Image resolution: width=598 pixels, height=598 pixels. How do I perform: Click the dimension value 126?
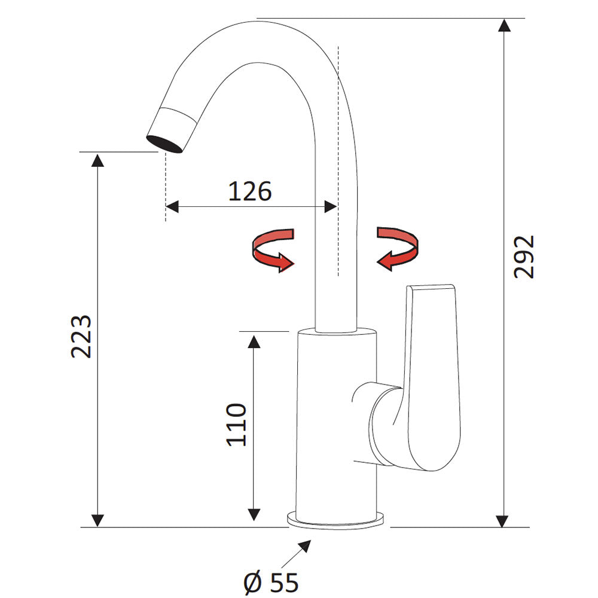click(250, 191)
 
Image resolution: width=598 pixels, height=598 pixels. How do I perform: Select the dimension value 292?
click(524, 257)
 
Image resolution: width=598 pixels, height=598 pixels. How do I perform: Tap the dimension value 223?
click(81, 335)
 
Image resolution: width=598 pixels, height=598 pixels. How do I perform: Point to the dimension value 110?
click(237, 424)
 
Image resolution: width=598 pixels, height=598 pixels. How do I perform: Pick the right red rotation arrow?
click(398, 248)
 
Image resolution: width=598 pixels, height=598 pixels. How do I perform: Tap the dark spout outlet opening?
click(166, 144)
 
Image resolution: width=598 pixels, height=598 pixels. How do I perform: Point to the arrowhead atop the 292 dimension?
click(505, 26)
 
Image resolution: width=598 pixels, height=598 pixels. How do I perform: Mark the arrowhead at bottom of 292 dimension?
click(505, 520)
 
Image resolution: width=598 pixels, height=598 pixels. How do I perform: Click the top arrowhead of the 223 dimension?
click(97, 160)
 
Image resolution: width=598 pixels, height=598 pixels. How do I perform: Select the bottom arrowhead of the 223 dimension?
click(97, 520)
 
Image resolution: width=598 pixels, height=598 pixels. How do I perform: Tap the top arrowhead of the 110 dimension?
click(254, 341)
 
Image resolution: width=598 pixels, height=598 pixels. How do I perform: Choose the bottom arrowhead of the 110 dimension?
click(254, 514)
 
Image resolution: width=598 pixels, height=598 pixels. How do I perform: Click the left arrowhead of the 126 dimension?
click(172, 207)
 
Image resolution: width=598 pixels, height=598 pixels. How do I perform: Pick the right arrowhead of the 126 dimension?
click(330, 207)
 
